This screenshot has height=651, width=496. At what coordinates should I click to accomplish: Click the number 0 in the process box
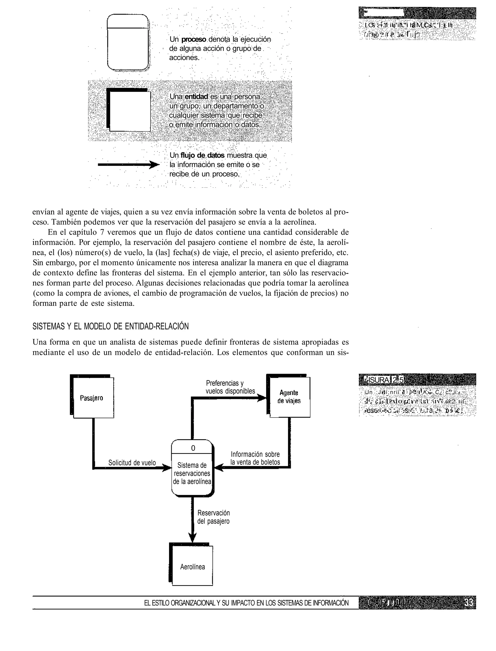point(193,448)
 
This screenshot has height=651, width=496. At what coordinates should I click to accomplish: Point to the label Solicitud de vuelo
point(132,463)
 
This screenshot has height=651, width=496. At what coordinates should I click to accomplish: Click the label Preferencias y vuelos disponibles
point(230,387)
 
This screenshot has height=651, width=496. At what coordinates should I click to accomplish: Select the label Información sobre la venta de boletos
point(255,458)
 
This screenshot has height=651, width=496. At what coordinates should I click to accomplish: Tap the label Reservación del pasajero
point(213,517)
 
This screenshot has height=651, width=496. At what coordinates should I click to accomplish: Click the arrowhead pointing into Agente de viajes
point(262,398)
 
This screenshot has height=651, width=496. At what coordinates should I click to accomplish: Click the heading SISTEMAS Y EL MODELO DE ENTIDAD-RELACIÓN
point(110,326)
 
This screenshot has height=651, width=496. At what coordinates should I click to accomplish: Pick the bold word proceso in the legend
point(193,39)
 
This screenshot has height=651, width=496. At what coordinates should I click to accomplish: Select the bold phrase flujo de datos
point(202,155)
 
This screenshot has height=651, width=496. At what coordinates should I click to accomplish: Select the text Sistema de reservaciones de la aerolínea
point(192,473)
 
